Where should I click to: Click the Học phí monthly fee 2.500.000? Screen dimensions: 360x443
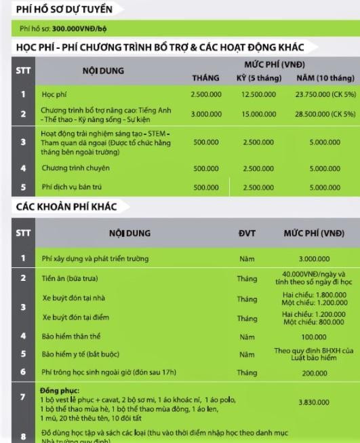(x=205, y=94)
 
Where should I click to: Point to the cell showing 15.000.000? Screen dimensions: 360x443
(x=258, y=114)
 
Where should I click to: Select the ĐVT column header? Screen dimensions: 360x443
(x=246, y=234)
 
